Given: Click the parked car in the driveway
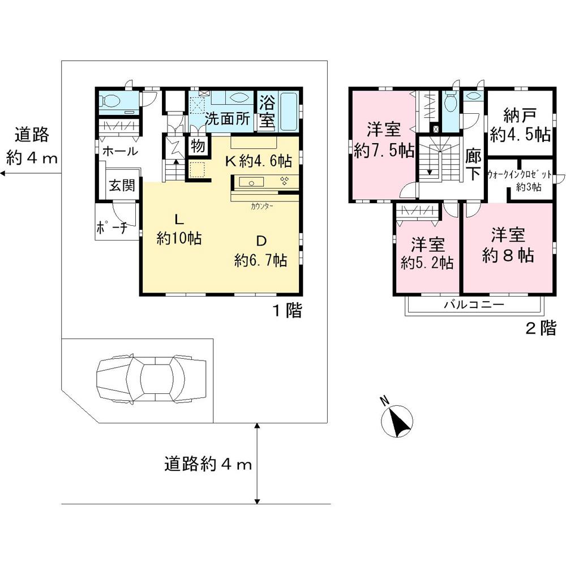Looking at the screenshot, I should tap(151, 379).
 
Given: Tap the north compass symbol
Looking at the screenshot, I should tap(397, 420).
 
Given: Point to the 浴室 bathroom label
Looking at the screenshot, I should tap(267, 112).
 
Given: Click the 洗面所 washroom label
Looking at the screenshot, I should tap(228, 120).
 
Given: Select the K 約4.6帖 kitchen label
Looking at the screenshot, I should tap(259, 161).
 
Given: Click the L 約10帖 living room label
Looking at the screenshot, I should tap(179, 229).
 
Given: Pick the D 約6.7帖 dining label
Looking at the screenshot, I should tap(260, 251).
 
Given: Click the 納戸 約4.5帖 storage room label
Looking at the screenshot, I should tap(520, 125).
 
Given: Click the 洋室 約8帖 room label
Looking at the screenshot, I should tap(508, 245).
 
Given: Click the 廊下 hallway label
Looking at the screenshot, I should tap(473, 164).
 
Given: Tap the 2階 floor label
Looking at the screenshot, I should tap(541, 329).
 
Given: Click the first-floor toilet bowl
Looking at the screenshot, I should tap(111, 102).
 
